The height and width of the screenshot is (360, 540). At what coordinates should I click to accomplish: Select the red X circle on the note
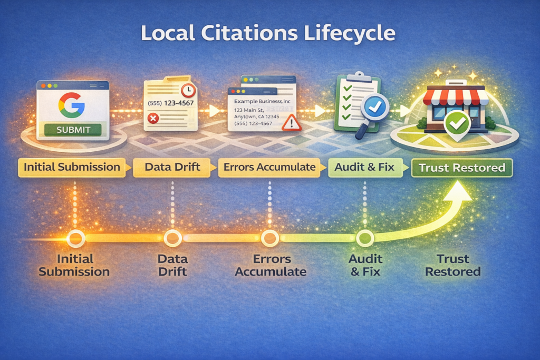(x=154, y=119)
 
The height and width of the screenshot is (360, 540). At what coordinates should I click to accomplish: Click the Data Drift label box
(x=172, y=168)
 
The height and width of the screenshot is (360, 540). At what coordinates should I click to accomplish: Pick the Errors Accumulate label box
(x=269, y=168)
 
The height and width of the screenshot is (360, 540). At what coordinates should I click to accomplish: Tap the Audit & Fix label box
(x=364, y=168)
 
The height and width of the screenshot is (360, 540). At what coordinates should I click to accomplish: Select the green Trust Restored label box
(x=461, y=168)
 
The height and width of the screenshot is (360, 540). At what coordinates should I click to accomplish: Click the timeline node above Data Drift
(x=172, y=238)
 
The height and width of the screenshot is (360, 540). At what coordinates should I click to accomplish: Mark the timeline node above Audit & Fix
(x=364, y=239)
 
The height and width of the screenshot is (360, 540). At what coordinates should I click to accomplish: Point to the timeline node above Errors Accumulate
(x=269, y=238)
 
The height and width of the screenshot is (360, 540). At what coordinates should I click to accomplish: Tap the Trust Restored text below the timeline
(x=452, y=266)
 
